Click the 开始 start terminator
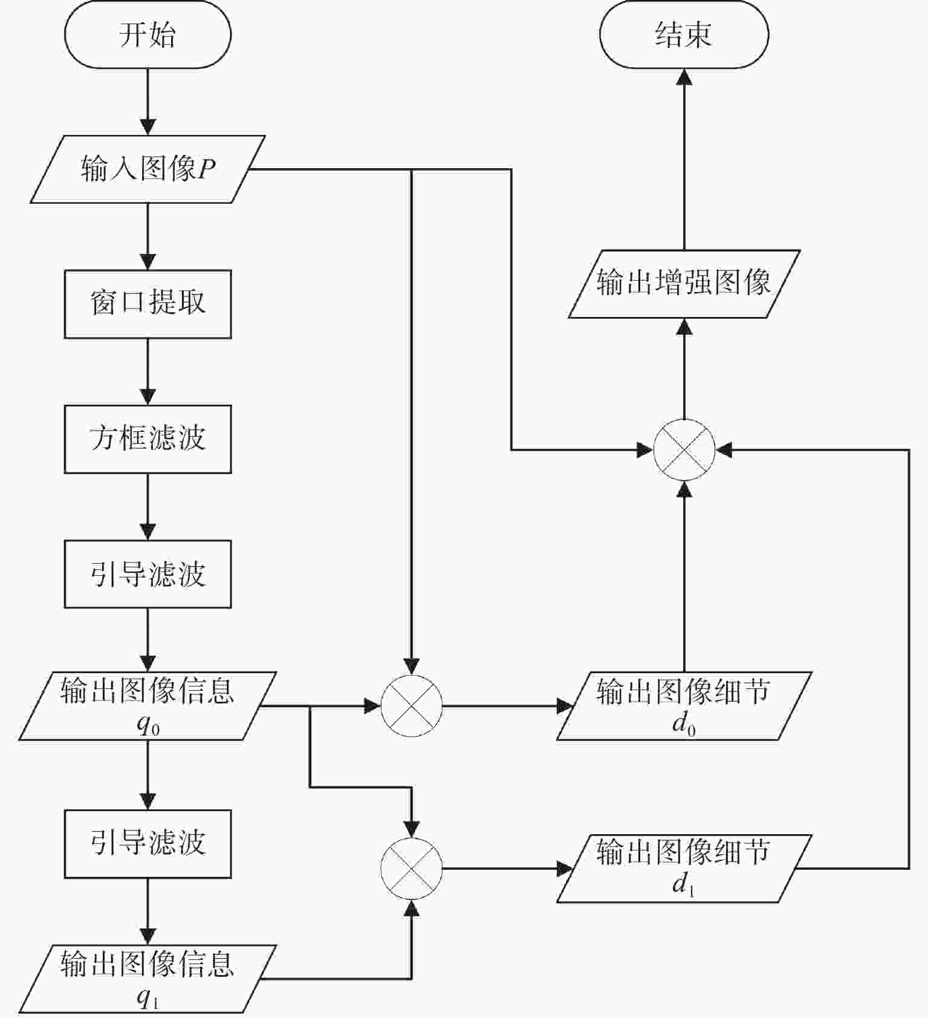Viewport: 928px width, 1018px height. [148, 34]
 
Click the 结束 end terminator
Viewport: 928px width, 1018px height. [684, 34]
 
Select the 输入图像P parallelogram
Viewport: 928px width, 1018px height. [148, 169]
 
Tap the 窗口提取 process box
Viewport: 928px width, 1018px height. [148, 304]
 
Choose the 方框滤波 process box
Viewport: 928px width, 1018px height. [148, 439]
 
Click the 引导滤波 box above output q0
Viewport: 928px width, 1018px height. [148, 573]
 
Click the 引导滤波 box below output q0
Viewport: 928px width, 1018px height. [148, 844]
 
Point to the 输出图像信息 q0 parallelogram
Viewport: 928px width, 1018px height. [148, 705]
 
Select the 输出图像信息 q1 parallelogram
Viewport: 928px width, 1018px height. [148, 978]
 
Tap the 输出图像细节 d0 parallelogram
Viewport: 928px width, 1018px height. [684, 705]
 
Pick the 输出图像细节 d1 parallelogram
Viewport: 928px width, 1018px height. [684, 868]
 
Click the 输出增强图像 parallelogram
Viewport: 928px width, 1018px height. [684, 284]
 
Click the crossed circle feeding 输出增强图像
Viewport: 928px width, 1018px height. [684, 449]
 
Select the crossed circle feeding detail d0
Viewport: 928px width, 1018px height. [411, 705]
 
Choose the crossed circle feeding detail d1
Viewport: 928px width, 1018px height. [411, 868]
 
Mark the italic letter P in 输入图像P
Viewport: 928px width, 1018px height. [206, 169]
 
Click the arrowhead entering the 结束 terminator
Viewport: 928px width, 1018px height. [684, 77]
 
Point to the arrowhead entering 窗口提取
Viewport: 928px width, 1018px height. [148, 262]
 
